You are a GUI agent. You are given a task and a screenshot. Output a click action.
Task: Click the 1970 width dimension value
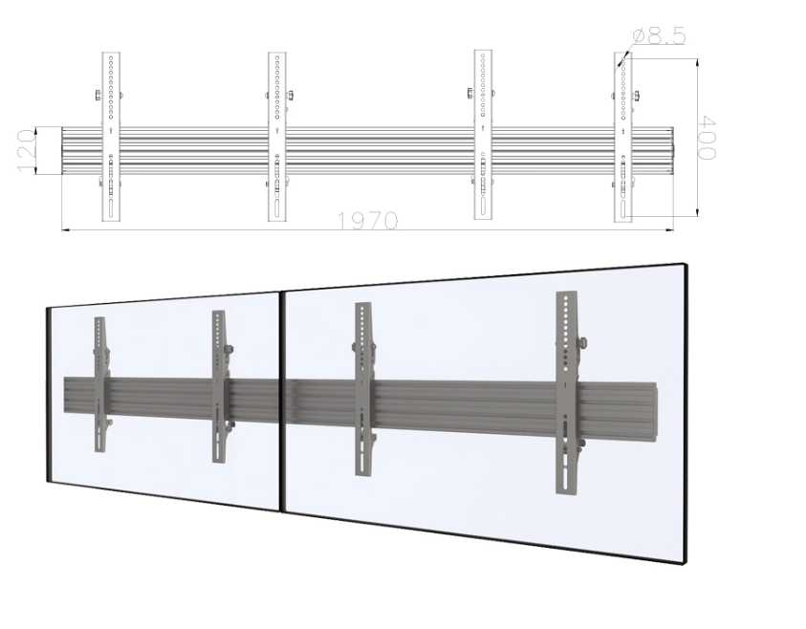pyautogui.click(x=367, y=221)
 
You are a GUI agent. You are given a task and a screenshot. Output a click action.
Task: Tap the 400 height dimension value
pyautogui.click(x=708, y=139)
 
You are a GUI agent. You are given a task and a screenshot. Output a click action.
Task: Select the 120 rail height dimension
pyautogui.click(x=27, y=151)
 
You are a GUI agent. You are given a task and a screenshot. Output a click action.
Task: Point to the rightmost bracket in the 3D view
pyautogui.click(x=567, y=392)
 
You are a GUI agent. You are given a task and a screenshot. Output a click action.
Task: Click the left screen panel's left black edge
pyautogui.click(x=49, y=392)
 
